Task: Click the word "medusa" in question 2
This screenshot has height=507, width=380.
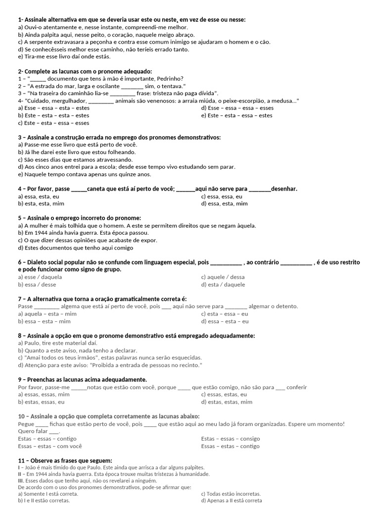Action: pos(283,101)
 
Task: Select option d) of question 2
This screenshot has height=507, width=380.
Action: pos(237,108)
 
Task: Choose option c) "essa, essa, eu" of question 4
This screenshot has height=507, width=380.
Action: pos(222,196)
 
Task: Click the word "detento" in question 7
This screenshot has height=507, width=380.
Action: pos(287,306)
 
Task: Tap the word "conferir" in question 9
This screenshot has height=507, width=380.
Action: pos(296,387)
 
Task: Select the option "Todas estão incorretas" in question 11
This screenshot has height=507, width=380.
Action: pos(231,494)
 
